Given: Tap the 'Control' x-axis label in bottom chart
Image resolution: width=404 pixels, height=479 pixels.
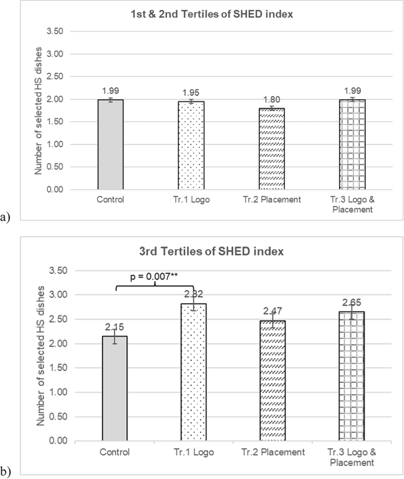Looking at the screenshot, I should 115,452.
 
